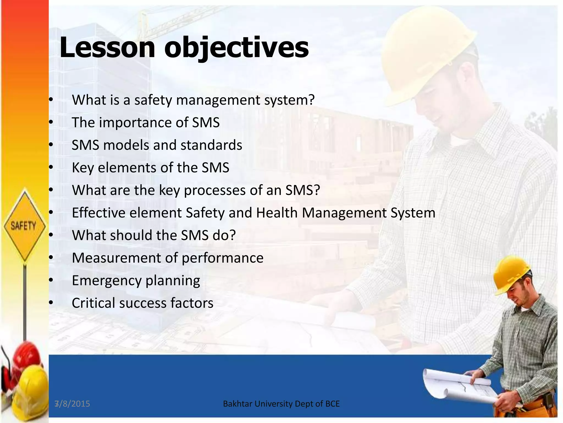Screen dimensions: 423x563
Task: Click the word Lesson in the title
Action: pyautogui.click(x=107, y=47)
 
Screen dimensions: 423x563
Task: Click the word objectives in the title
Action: pyautogui.click(x=236, y=47)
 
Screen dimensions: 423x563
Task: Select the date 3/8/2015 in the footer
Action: pyautogui.click(x=72, y=404)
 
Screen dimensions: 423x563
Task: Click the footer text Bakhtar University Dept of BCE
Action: pyautogui.click(x=281, y=404)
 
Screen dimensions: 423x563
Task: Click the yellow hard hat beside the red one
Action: pyautogui.click(x=30, y=386)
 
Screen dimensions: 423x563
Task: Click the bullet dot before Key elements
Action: pyautogui.click(x=51, y=167)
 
